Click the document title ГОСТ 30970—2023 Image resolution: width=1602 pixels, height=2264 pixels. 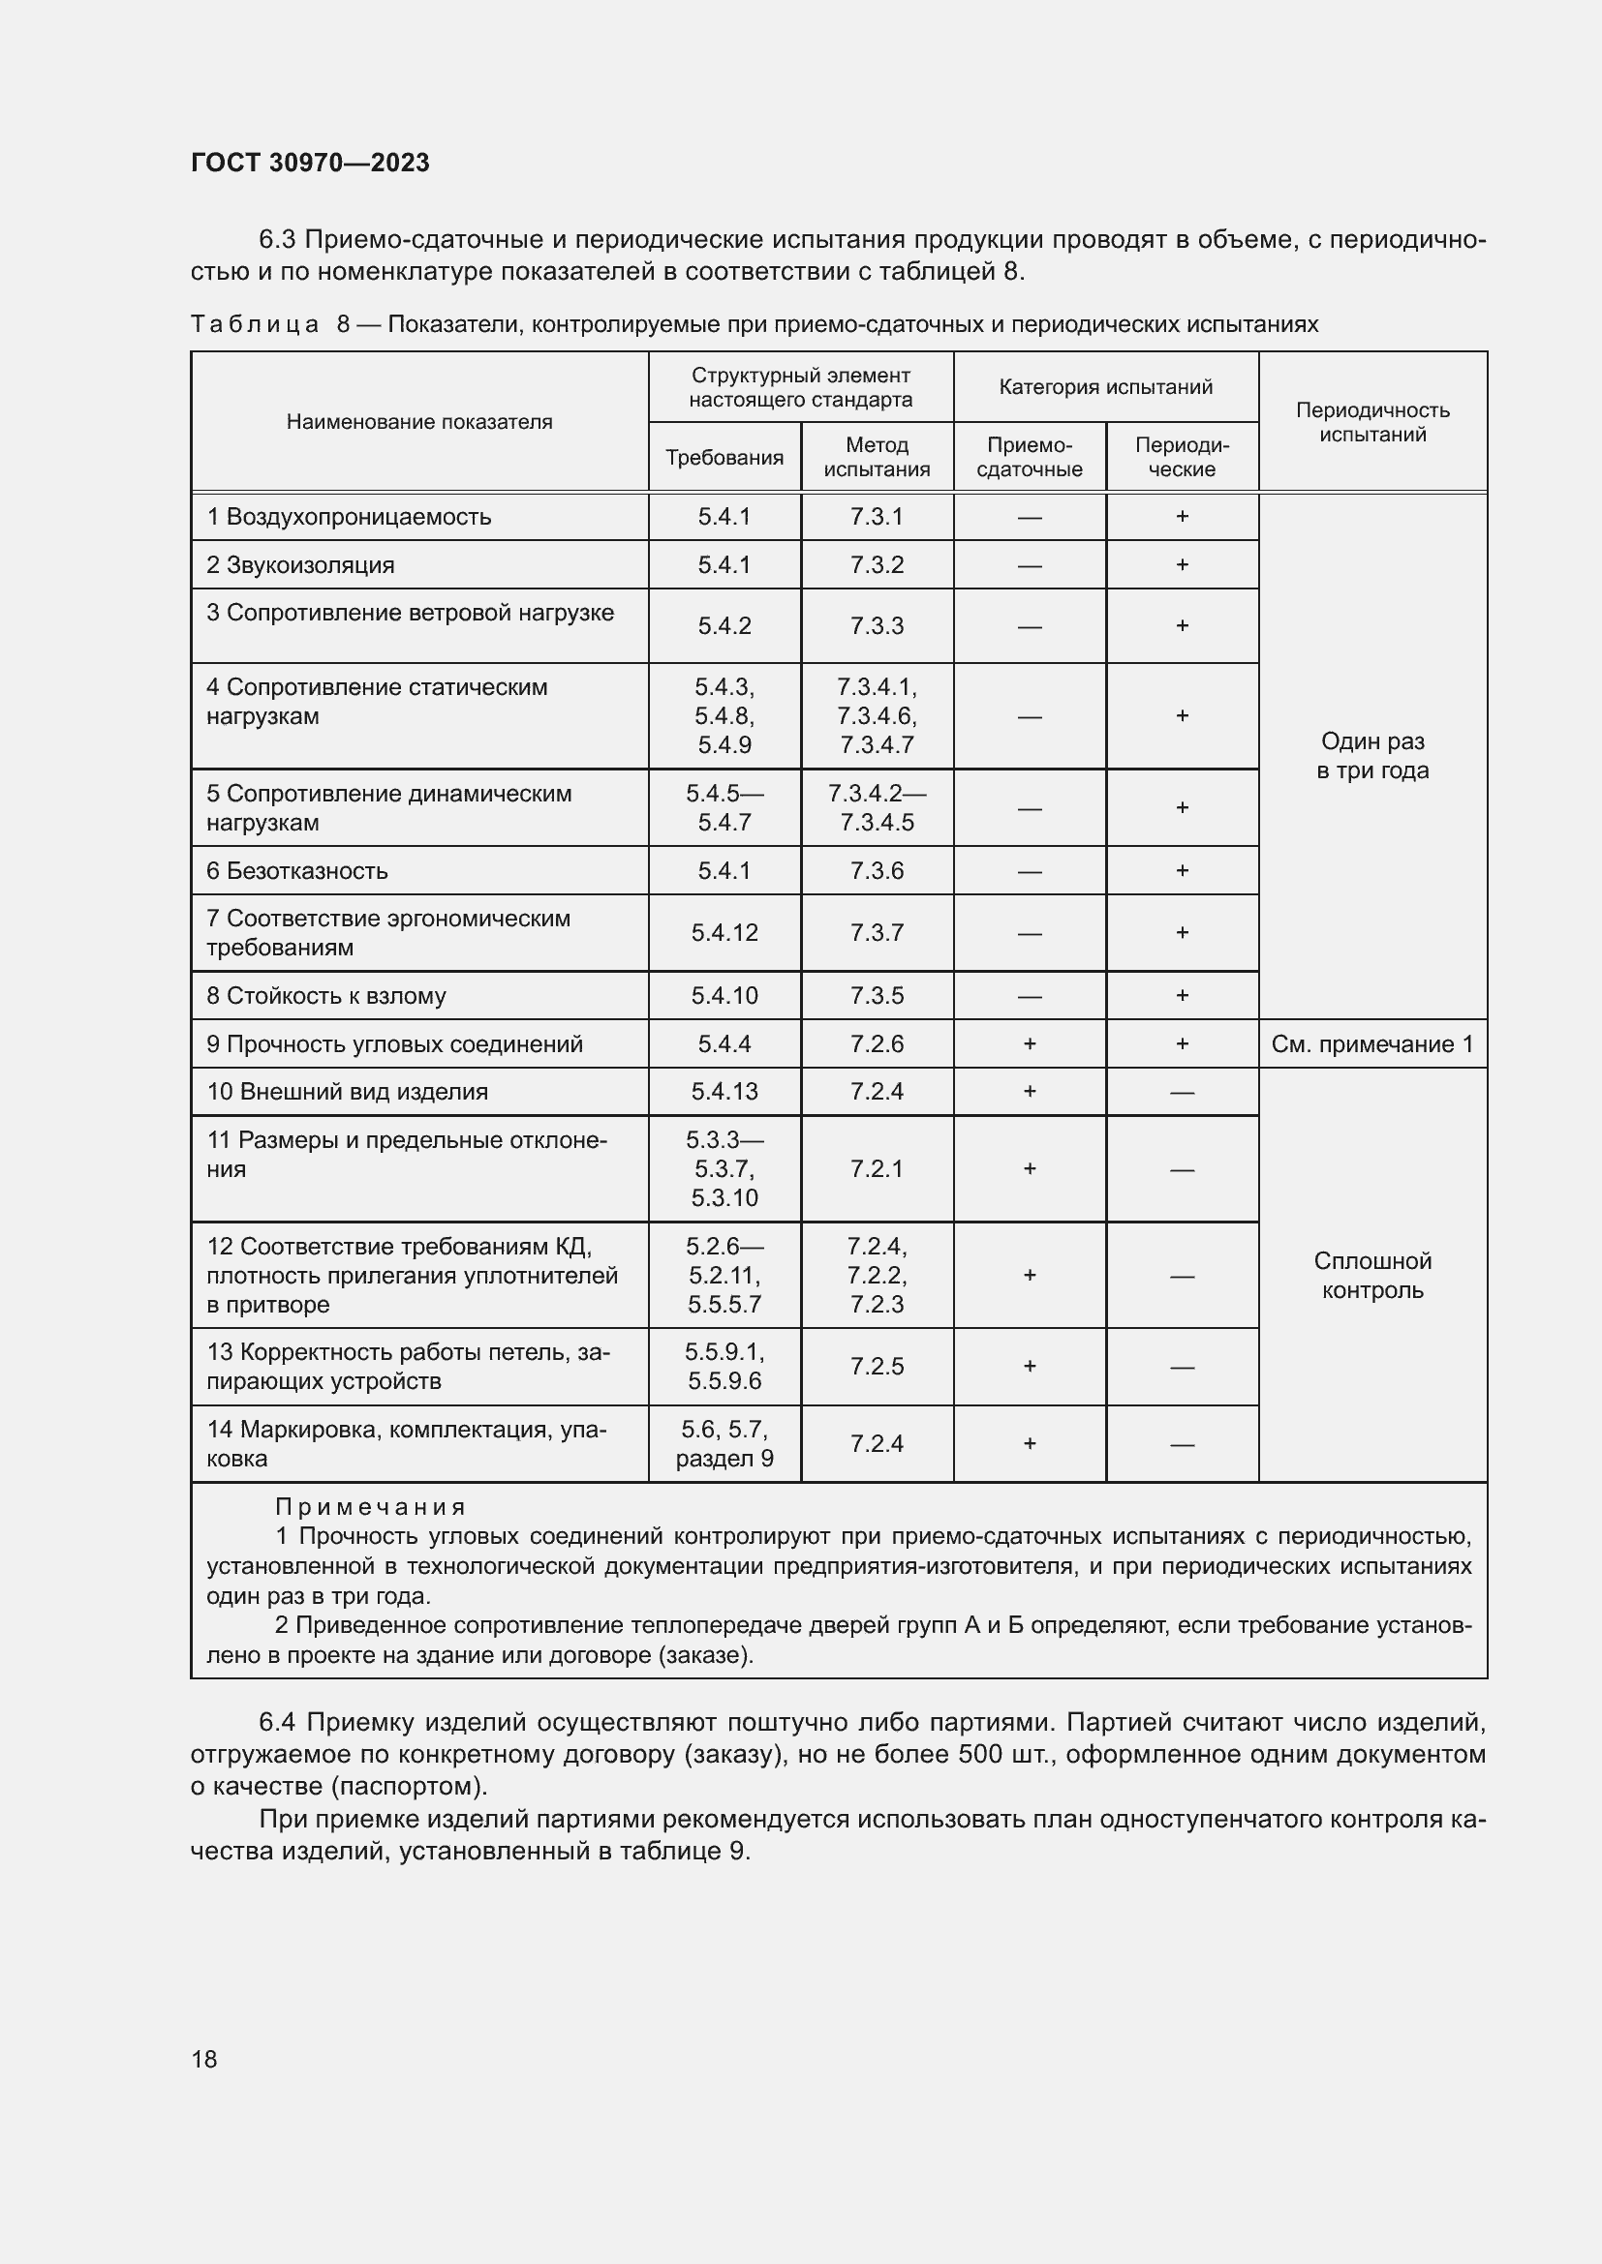pos(310,163)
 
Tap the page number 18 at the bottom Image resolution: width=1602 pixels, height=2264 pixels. pos(204,2059)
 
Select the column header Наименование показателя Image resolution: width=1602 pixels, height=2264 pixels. pos(419,422)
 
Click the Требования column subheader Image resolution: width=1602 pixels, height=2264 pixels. pos(724,458)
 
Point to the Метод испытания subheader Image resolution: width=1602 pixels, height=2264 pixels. pos(876,458)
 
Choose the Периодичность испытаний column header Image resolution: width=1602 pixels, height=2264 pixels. pos(1372,422)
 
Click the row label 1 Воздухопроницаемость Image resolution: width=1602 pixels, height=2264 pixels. pos(349,517)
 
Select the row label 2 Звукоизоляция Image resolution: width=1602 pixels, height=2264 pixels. pos(300,565)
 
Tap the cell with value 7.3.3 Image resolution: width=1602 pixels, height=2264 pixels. pos(876,626)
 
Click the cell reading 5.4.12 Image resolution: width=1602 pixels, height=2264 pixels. pos(724,933)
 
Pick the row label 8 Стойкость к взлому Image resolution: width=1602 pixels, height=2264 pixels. pos(325,996)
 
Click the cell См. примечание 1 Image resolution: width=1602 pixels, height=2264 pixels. pos(1372,1044)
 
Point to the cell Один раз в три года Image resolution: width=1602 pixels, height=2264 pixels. pos(1372,756)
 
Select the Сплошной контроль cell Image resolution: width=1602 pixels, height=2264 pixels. pos(1372,1275)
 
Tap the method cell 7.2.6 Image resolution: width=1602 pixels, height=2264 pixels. pos(876,1044)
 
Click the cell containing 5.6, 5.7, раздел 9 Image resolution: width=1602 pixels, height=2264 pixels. pos(724,1443)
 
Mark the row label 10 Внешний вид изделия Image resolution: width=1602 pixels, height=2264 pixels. pos(348,1092)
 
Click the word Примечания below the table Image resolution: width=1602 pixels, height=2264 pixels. pos(370,1507)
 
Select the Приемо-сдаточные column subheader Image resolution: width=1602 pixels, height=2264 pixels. pos(1029,458)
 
